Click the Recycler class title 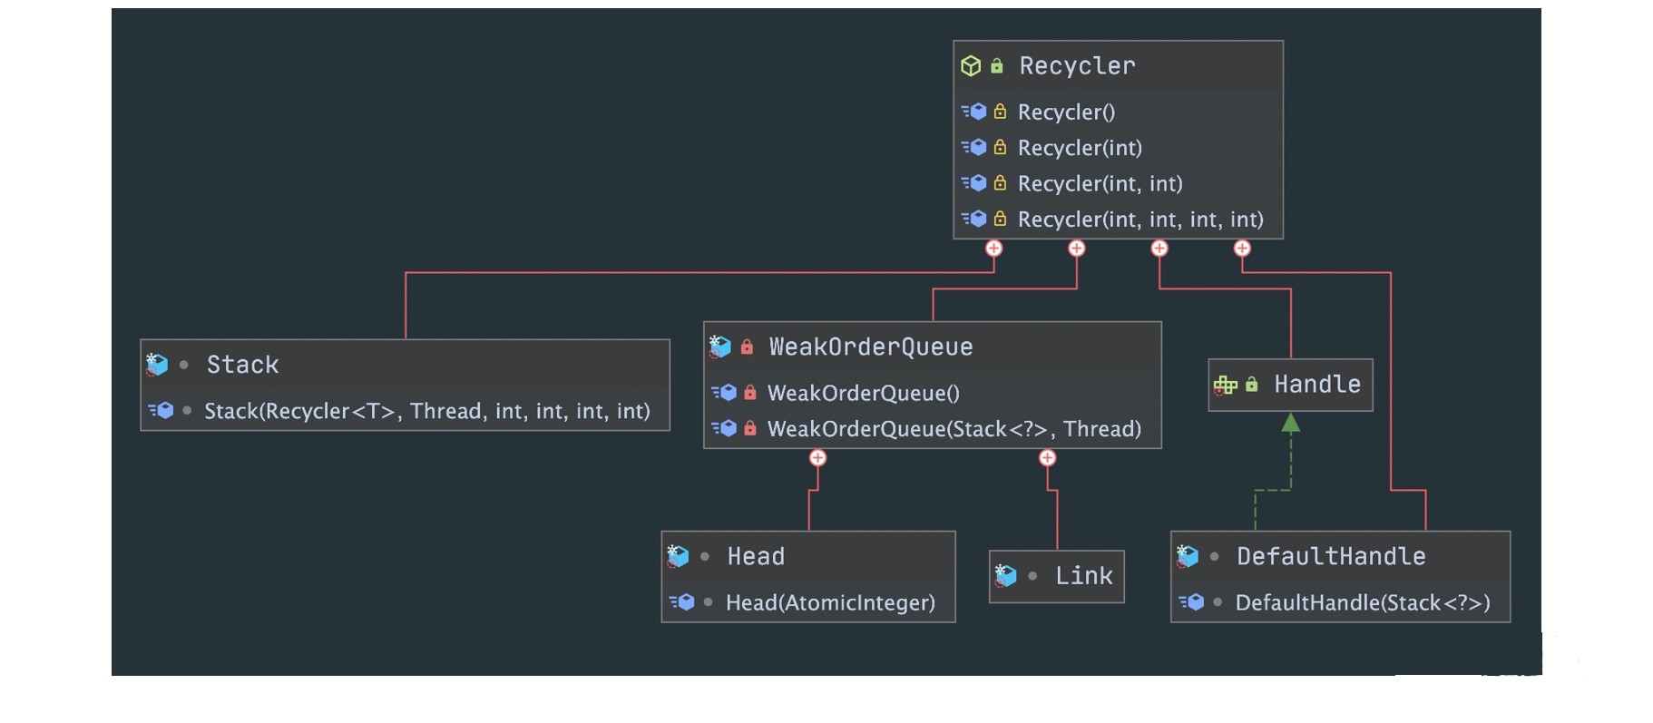(x=1077, y=66)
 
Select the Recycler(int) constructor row (x=1080, y=148)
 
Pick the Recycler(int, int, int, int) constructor (x=1140, y=220)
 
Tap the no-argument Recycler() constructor (x=1066, y=112)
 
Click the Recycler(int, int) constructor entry (x=1100, y=184)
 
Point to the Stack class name (x=242, y=365)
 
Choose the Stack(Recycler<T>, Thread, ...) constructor (x=427, y=411)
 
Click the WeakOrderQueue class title (x=870, y=347)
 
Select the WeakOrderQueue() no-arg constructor (x=863, y=393)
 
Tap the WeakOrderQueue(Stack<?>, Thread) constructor (x=954, y=429)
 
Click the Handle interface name (x=1317, y=385)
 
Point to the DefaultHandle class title (x=1331, y=556)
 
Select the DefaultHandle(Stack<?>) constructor (x=1363, y=603)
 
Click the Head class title (x=756, y=556)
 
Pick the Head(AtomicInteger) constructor (x=830, y=603)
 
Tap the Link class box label (x=1083, y=576)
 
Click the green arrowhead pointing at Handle (x=1290, y=422)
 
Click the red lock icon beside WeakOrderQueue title (x=747, y=347)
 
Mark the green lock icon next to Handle (x=1251, y=385)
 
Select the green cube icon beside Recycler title (x=971, y=66)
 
